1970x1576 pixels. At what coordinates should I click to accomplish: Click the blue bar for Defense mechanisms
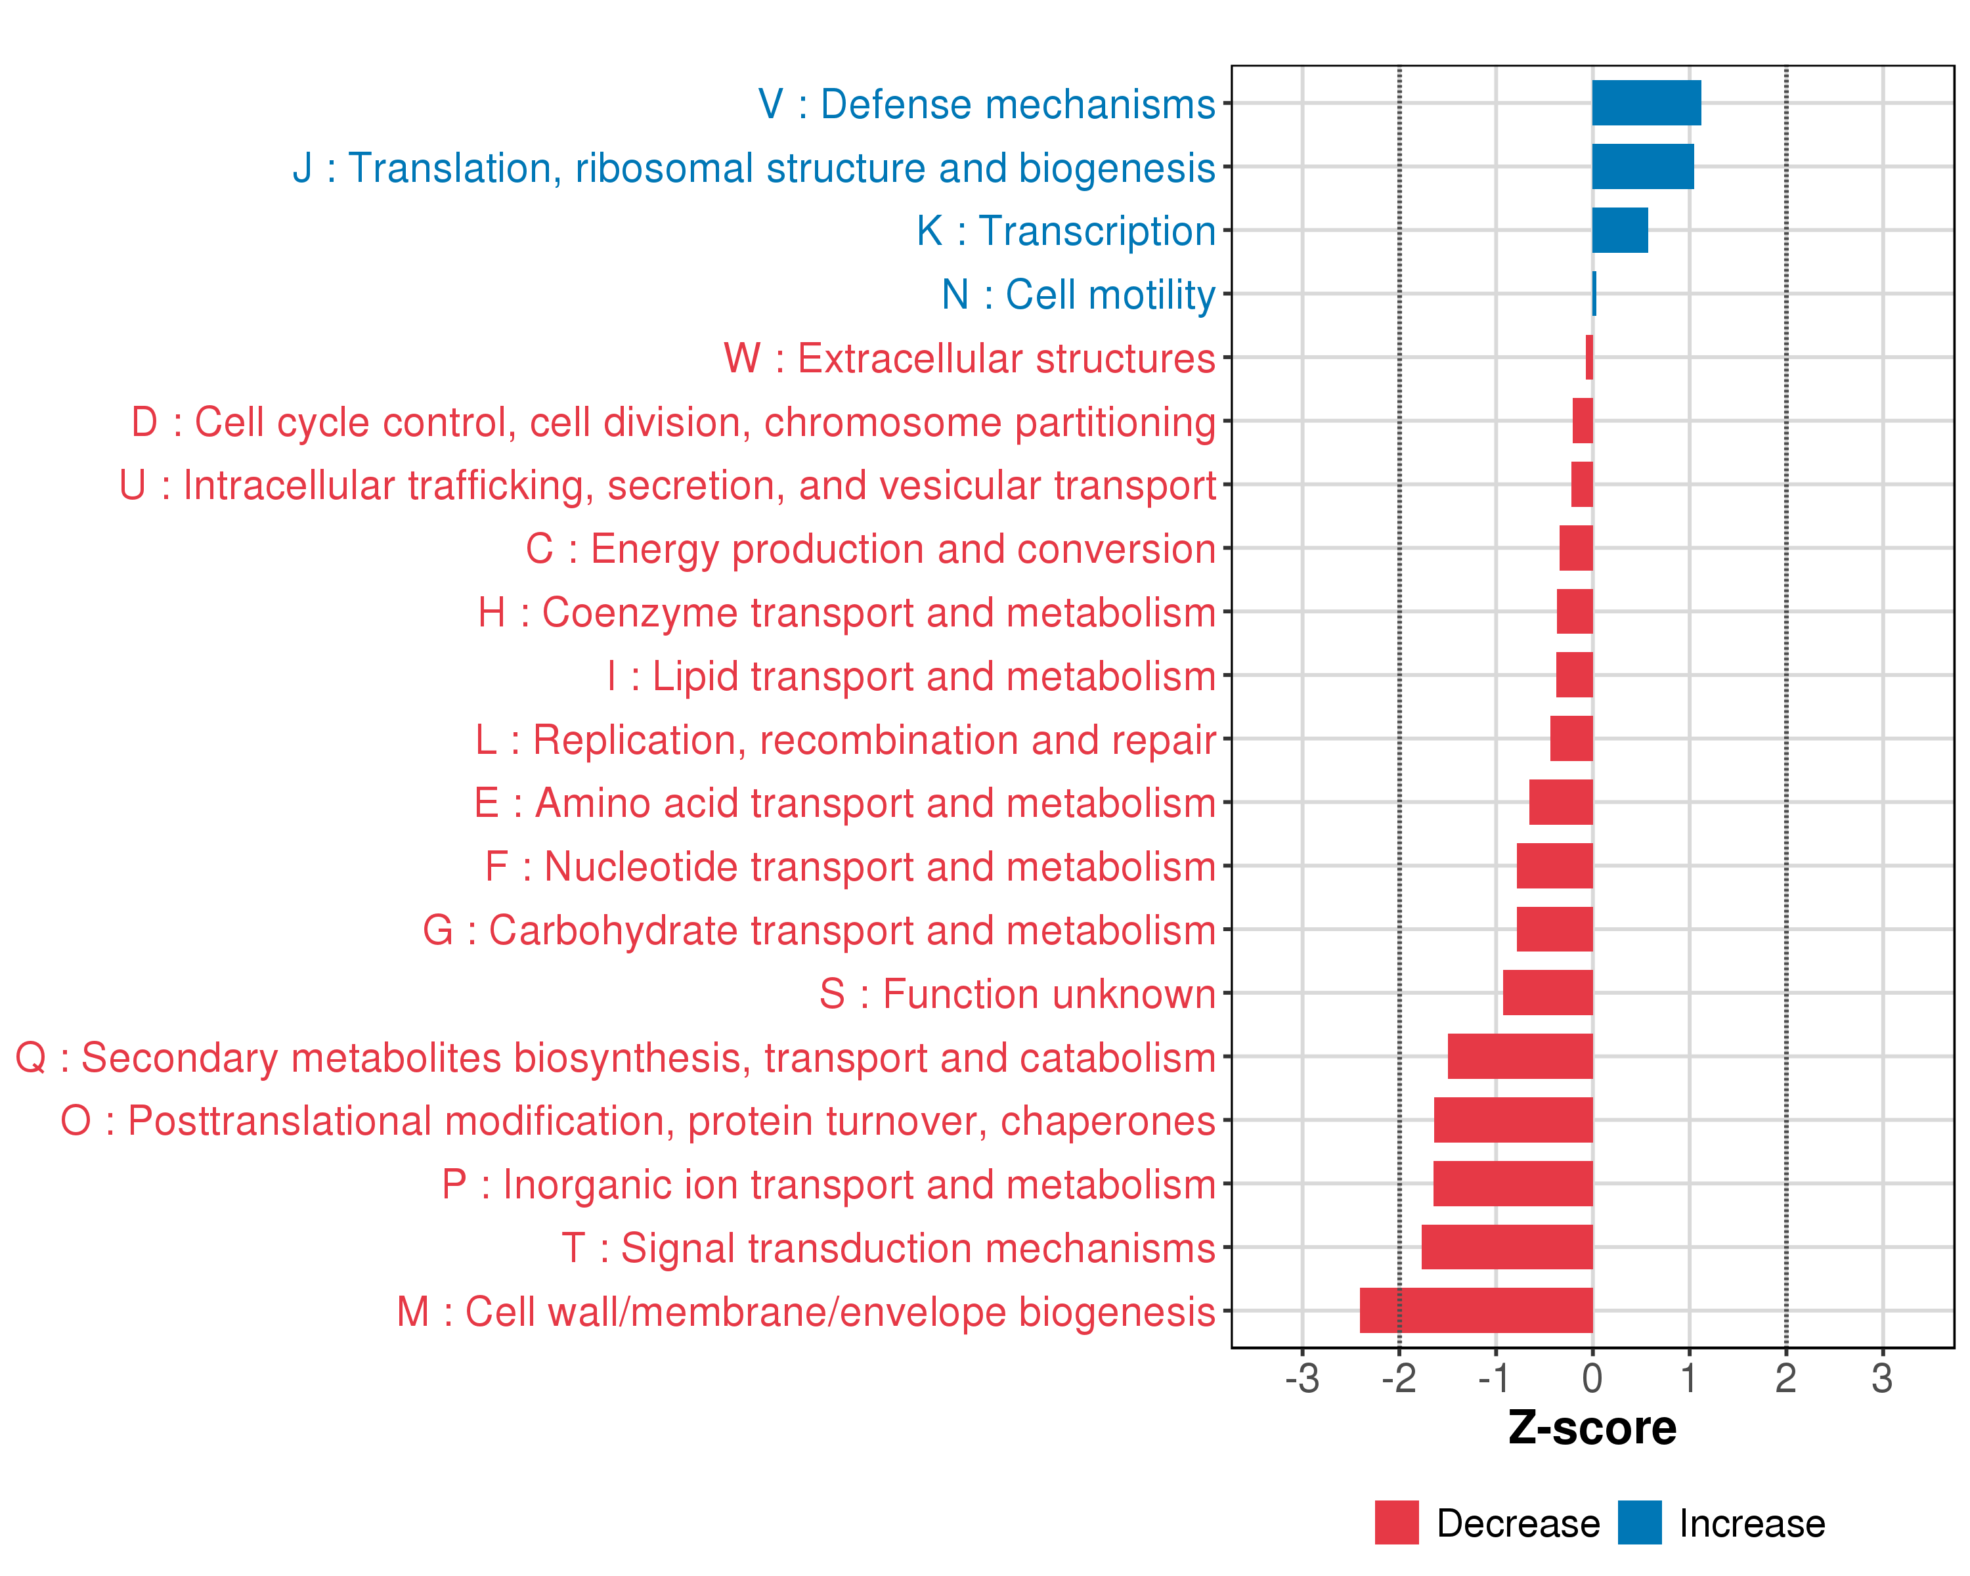pos(1646,103)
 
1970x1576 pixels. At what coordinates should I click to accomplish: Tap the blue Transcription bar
pos(1619,230)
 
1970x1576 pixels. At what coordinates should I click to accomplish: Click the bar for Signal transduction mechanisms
pos(1507,1247)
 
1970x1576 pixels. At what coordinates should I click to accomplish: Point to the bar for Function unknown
pos(1547,993)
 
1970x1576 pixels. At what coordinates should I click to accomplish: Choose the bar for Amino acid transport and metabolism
pos(1561,802)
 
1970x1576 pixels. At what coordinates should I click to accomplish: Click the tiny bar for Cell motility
pos(1594,294)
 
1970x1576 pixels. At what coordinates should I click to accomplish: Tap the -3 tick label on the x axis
pos(1302,1378)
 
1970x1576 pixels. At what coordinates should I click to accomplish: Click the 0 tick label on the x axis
pos(1592,1378)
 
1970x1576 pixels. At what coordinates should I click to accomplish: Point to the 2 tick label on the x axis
pos(1785,1378)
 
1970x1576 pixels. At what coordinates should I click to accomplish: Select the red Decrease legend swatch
pos(1396,1522)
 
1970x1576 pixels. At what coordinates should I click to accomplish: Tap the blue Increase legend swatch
pos(1639,1522)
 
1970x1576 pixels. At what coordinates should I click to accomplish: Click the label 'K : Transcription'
pos(1065,231)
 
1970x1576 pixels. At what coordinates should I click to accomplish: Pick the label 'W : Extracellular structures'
pos(969,358)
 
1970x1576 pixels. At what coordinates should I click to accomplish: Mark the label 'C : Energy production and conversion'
pos(870,549)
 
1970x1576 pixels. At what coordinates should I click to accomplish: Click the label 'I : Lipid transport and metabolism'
pos(911,676)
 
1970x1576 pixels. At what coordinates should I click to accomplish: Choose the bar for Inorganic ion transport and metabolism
pos(1512,1183)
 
